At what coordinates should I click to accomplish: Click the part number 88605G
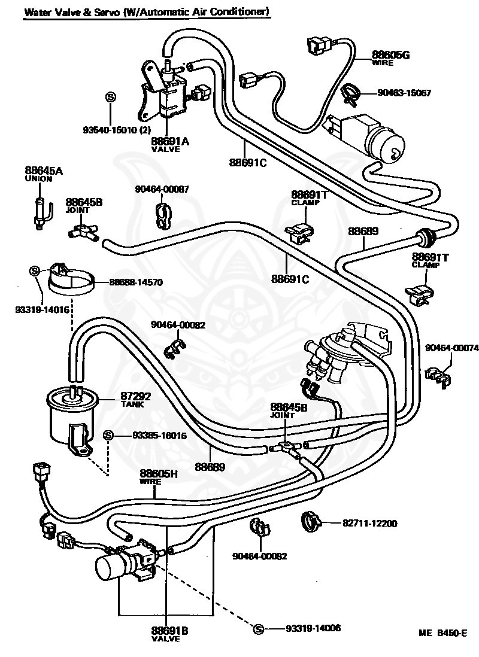pyautogui.click(x=390, y=55)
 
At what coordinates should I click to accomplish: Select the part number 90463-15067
pyautogui.click(x=404, y=93)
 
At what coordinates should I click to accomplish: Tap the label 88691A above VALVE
pyautogui.click(x=170, y=141)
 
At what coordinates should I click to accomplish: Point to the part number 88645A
pyautogui.click(x=44, y=171)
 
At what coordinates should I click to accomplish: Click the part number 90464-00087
pyautogui.click(x=162, y=189)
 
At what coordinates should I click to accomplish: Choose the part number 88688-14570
pyautogui.click(x=136, y=282)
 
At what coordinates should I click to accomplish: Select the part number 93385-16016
pyautogui.click(x=159, y=436)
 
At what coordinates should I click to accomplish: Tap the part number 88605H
pyautogui.click(x=159, y=473)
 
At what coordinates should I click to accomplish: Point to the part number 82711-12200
pyautogui.click(x=370, y=524)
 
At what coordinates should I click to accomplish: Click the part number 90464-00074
pyautogui.click(x=451, y=348)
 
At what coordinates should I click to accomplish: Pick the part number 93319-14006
pyautogui.click(x=313, y=628)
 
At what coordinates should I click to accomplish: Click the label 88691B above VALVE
pyautogui.click(x=170, y=631)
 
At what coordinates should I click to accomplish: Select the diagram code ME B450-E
pyautogui.click(x=442, y=633)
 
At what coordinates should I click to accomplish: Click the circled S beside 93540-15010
pyautogui.click(x=110, y=97)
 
